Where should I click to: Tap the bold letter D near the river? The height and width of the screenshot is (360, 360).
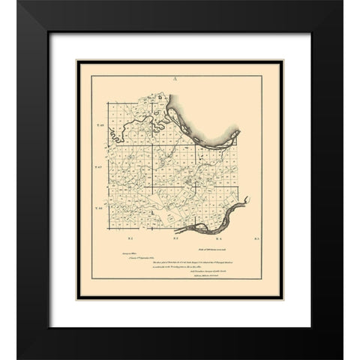coord(159,97)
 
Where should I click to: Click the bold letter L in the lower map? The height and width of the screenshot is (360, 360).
coord(154,213)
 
